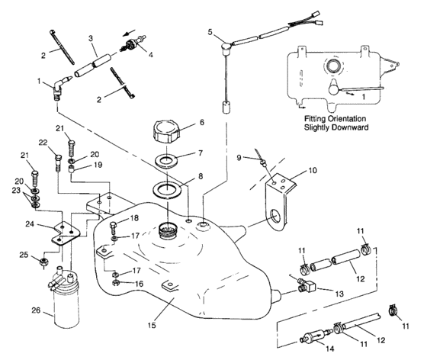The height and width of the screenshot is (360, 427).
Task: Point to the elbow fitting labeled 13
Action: (305, 285)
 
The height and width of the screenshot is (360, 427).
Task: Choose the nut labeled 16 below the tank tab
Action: (115, 284)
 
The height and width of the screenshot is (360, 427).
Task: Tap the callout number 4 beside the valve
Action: (149, 54)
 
